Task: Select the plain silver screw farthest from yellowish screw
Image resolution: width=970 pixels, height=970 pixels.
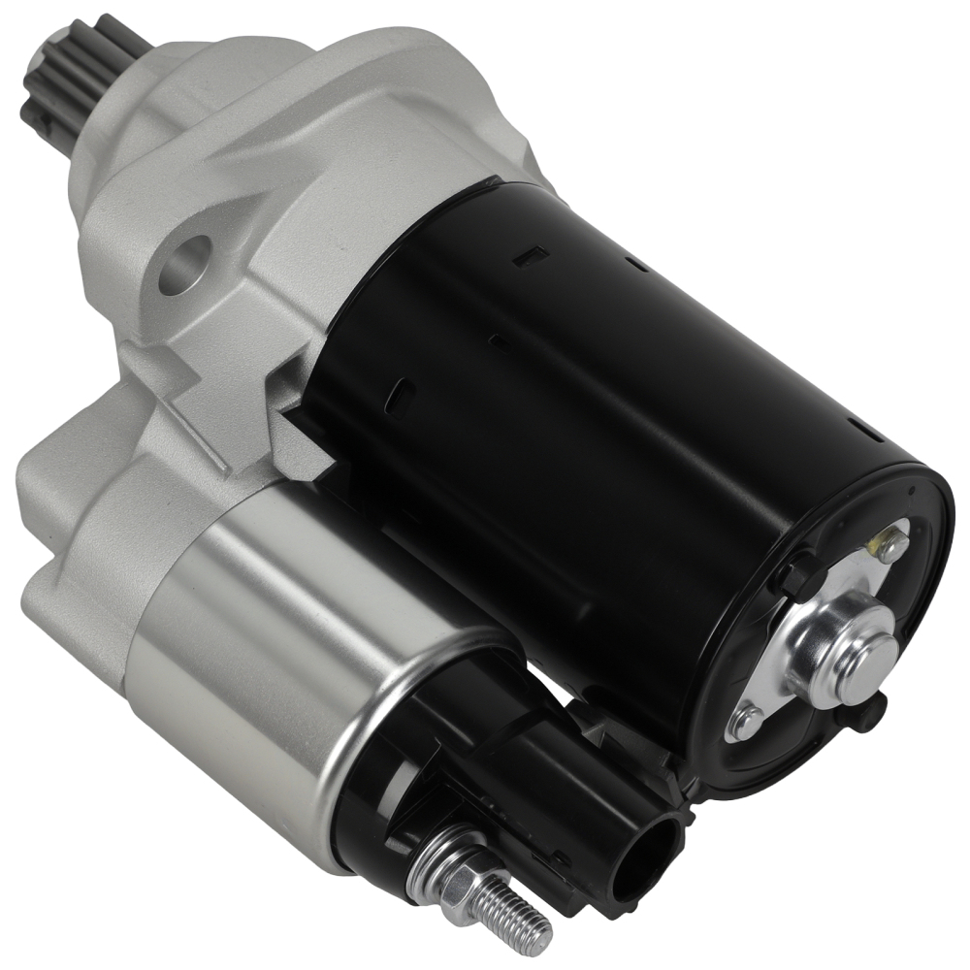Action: pyautogui.click(x=746, y=719)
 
